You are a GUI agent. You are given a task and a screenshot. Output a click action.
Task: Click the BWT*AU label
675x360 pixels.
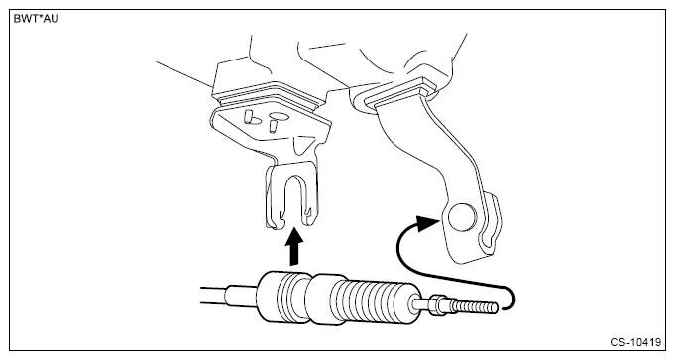tap(36, 19)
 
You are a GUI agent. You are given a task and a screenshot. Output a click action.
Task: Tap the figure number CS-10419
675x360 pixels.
tap(635, 342)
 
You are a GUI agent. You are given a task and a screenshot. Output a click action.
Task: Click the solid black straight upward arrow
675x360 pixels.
tap(295, 247)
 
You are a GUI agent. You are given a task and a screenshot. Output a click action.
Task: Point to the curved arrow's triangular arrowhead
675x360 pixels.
tap(427, 223)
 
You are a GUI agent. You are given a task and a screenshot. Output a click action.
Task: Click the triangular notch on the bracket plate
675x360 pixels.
tap(302, 144)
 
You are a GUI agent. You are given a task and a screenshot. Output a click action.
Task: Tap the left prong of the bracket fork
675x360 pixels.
tap(275, 196)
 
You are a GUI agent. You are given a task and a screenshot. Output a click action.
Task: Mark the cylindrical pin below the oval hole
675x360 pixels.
tap(273, 127)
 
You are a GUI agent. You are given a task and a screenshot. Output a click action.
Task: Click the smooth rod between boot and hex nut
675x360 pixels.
tap(422, 303)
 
